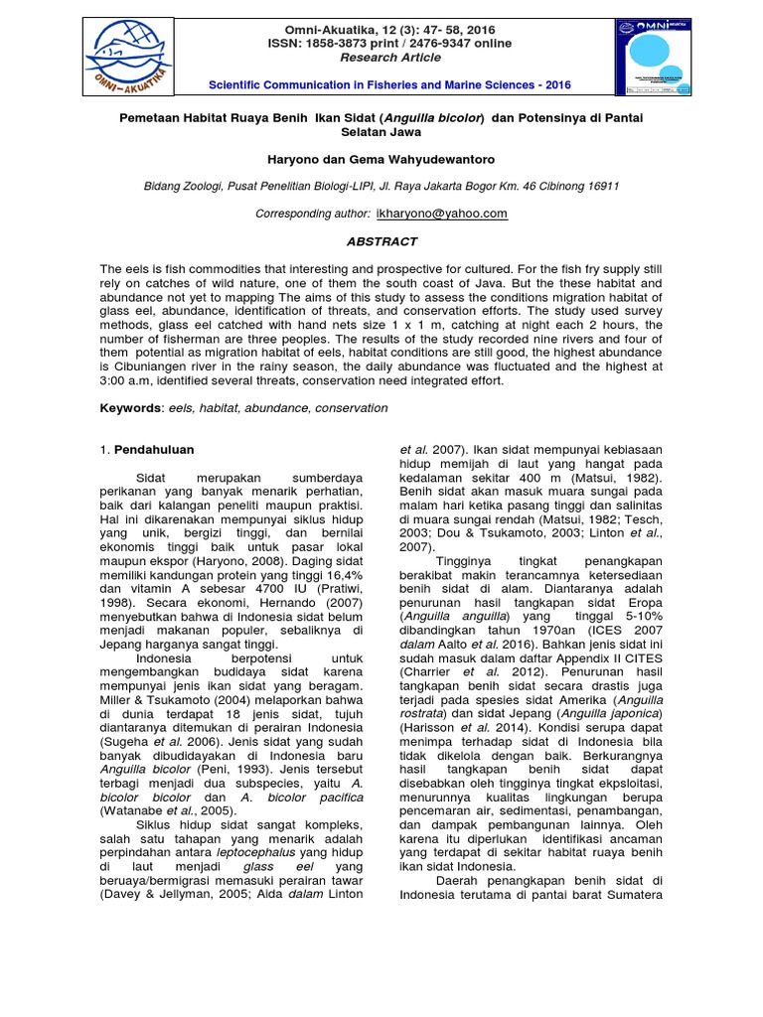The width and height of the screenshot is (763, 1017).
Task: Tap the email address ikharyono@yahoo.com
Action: click(442, 214)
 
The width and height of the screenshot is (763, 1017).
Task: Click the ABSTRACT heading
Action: click(381, 241)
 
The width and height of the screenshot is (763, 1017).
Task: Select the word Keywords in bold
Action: click(131, 408)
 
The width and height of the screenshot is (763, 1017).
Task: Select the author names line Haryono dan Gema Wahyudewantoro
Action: click(381, 159)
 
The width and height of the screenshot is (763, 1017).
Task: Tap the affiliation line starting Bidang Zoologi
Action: click(381, 186)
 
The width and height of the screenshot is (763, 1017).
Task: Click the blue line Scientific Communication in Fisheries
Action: click(381, 85)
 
